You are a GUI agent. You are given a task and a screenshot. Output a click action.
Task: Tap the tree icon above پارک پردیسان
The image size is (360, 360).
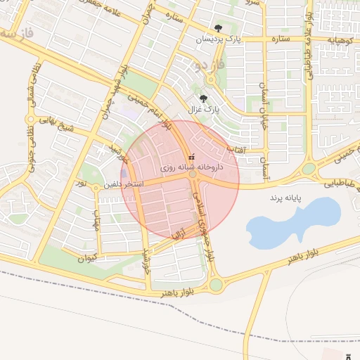tap(218, 29)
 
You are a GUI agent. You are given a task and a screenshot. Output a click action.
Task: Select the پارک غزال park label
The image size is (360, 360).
tap(205, 110)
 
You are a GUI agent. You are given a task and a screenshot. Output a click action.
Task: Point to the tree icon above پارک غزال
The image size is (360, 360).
tap(204, 98)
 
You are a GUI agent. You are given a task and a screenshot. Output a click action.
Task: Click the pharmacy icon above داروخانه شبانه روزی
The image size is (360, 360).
tap(191, 158)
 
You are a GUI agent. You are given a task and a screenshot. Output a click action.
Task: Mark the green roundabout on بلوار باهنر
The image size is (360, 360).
tap(215, 285)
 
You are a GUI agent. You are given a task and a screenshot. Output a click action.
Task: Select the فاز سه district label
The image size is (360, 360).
tap(18, 33)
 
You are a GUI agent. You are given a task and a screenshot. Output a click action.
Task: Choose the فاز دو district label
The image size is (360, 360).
tap(212, 65)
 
